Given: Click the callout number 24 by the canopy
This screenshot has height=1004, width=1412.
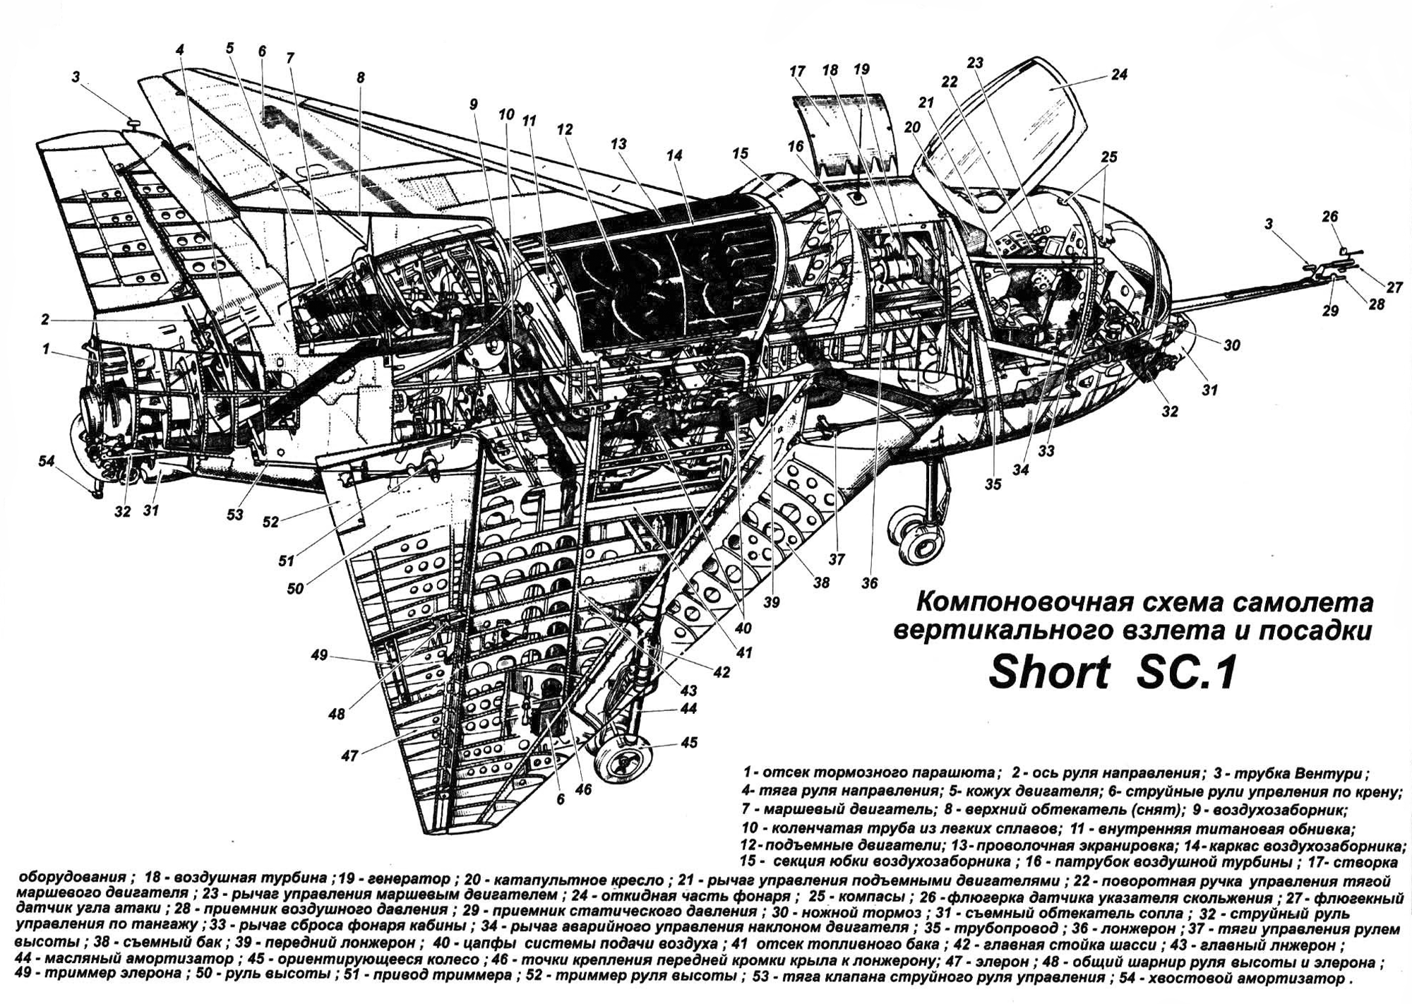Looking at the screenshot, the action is tap(1119, 74).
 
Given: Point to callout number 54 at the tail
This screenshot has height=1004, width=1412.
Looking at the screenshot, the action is tap(47, 461).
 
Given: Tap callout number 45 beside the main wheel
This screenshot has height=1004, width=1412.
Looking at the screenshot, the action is tap(689, 742).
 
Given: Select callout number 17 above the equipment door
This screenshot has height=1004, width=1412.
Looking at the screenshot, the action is tap(797, 71).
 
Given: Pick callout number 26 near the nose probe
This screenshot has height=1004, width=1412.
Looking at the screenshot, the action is tap(1330, 217).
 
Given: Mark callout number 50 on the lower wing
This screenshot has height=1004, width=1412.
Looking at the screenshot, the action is tap(295, 587).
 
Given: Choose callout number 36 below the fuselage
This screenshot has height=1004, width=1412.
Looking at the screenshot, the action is tap(869, 583).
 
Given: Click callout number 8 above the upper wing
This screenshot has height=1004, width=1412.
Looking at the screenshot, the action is tap(361, 78).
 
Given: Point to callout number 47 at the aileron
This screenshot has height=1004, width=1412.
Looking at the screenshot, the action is tap(349, 756).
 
